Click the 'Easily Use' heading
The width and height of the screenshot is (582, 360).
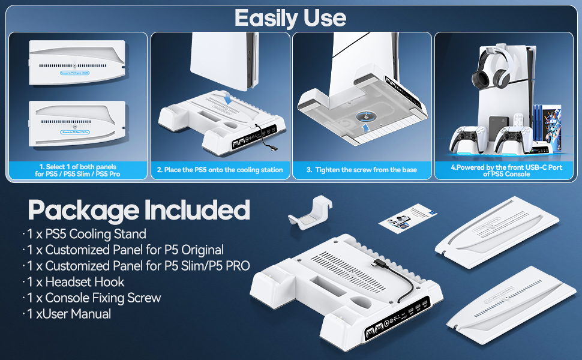click(290, 17)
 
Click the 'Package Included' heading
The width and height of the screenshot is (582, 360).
click(139, 210)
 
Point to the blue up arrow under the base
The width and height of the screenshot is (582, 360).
click(364, 127)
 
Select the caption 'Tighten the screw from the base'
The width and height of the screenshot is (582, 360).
click(362, 170)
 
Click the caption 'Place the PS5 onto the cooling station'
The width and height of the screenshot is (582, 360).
click(220, 170)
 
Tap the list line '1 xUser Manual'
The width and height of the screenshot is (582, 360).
click(69, 313)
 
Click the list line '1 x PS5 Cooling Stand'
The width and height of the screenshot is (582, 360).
click(87, 233)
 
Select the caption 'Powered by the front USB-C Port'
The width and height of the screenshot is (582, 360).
click(506, 170)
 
